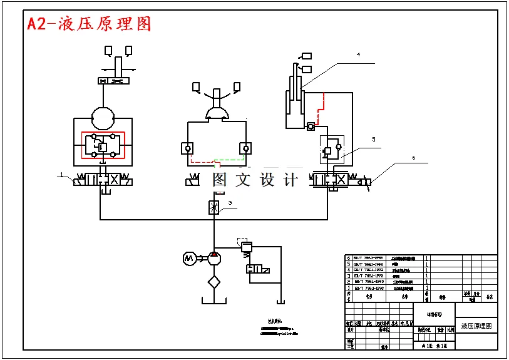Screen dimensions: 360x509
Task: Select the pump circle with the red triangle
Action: [x=214, y=257]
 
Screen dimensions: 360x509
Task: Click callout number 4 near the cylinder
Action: [x=358, y=55]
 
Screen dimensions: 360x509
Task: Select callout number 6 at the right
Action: [x=413, y=158]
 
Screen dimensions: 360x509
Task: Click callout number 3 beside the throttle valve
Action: [x=230, y=203]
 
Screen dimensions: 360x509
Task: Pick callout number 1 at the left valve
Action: [x=62, y=173]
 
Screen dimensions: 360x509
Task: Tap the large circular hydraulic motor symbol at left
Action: [x=103, y=118]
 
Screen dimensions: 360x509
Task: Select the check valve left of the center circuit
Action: [x=187, y=148]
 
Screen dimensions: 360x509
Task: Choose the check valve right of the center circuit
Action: [x=244, y=148]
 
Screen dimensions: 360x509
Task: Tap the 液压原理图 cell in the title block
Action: [x=476, y=326]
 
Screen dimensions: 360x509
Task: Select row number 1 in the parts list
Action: [x=349, y=288]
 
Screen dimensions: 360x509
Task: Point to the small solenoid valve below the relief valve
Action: [x=257, y=269]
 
